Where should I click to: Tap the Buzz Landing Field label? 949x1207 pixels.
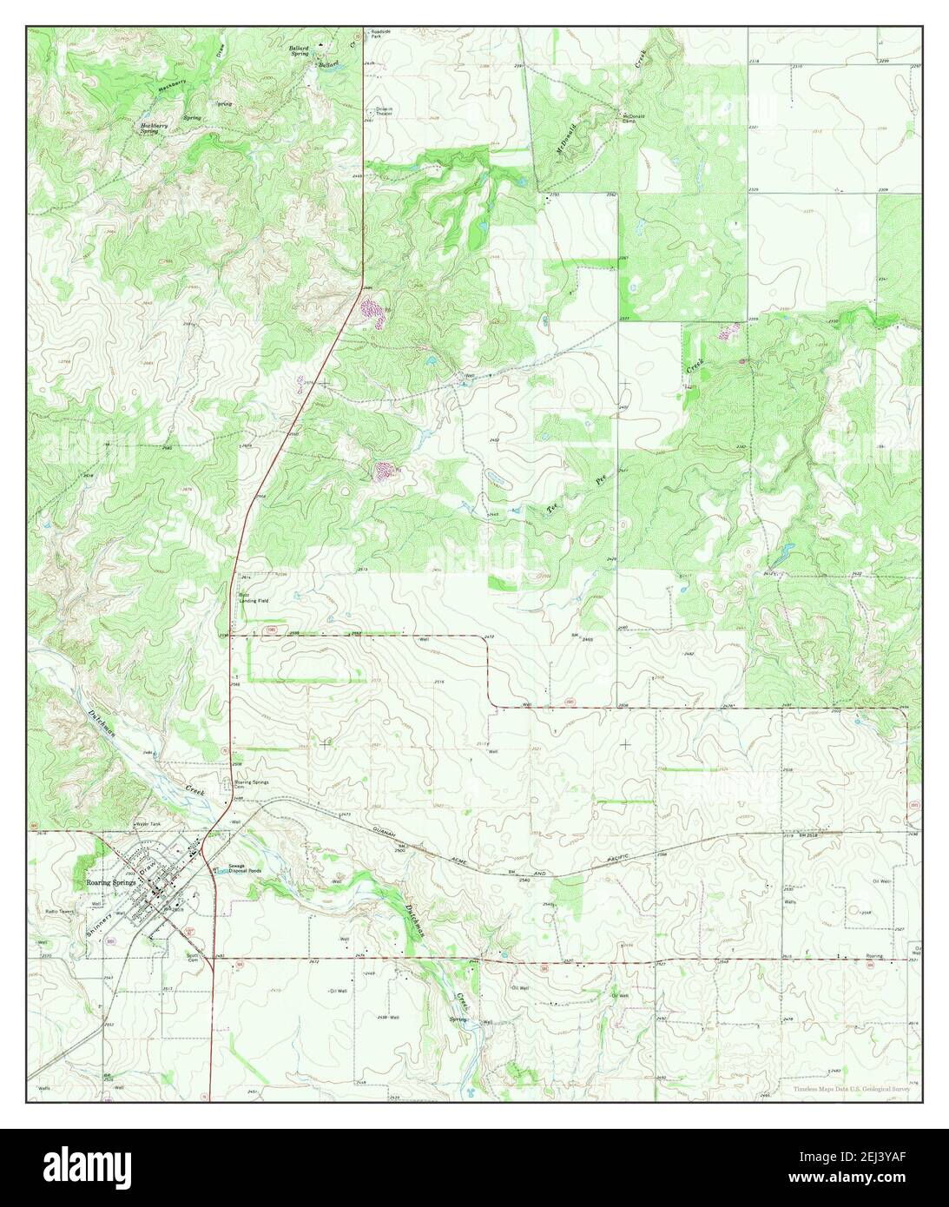tap(251, 597)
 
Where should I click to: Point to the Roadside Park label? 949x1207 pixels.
tap(383, 34)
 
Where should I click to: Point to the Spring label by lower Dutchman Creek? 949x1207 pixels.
tap(458, 1018)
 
